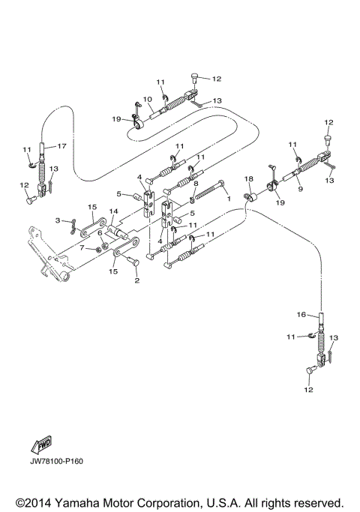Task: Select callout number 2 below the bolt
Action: click(136, 281)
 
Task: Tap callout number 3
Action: click(57, 220)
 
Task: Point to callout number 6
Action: click(98, 233)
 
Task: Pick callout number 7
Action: click(82, 247)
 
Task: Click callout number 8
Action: click(196, 183)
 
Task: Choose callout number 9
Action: click(299, 190)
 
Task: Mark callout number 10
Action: click(148, 99)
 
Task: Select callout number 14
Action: click(114, 212)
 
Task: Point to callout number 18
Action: click(248, 178)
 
